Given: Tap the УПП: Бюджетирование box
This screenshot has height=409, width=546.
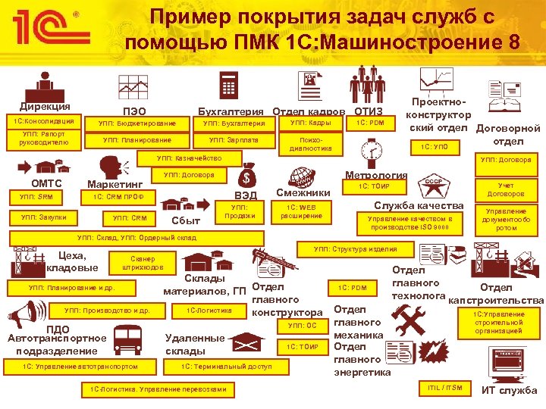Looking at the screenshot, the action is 139,123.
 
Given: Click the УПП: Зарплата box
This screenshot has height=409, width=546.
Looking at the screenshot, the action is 234,140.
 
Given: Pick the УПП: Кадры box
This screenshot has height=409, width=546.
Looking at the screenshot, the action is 310,123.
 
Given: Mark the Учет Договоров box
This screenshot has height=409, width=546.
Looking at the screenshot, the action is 506,189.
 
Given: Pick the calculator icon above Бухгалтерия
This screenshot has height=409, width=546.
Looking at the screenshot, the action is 227,83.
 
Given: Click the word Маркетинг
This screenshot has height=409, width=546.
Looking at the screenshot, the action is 115,183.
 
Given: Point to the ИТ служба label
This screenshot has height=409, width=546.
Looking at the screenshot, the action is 510,391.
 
